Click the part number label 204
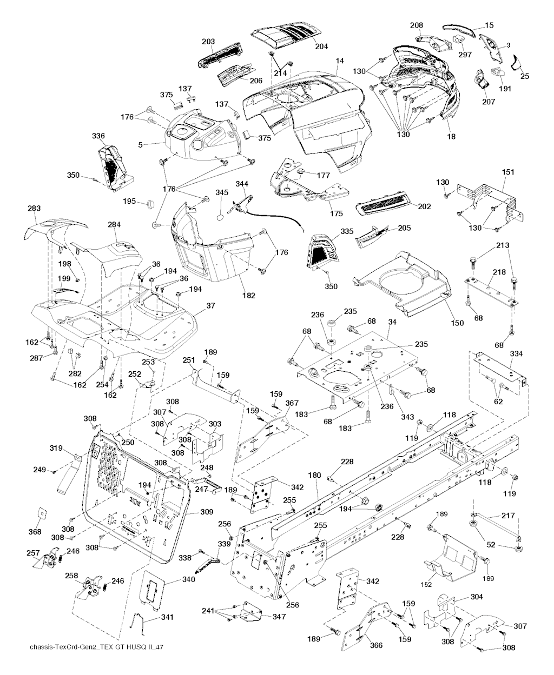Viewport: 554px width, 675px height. (321, 46)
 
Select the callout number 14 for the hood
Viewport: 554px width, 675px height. (339, 69)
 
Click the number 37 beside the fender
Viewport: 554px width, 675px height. (210, 306)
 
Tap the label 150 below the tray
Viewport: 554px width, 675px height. (457, 323)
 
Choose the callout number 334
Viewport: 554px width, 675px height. (516, 353)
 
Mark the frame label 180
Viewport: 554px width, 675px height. (314, 475)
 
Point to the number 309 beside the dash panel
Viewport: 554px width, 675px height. (206, 511)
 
